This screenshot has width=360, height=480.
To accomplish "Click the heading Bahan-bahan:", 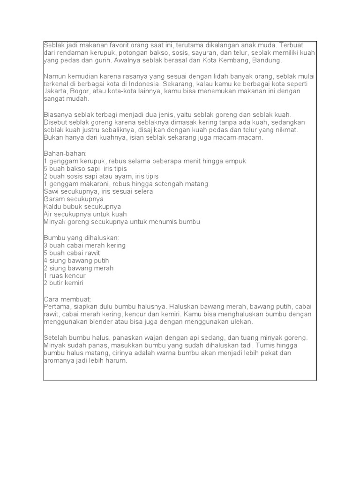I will tap(62, 153).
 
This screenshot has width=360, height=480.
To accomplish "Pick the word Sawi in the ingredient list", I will tap(52, 191).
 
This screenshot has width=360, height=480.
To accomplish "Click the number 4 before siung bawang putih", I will tap(45, 261).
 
